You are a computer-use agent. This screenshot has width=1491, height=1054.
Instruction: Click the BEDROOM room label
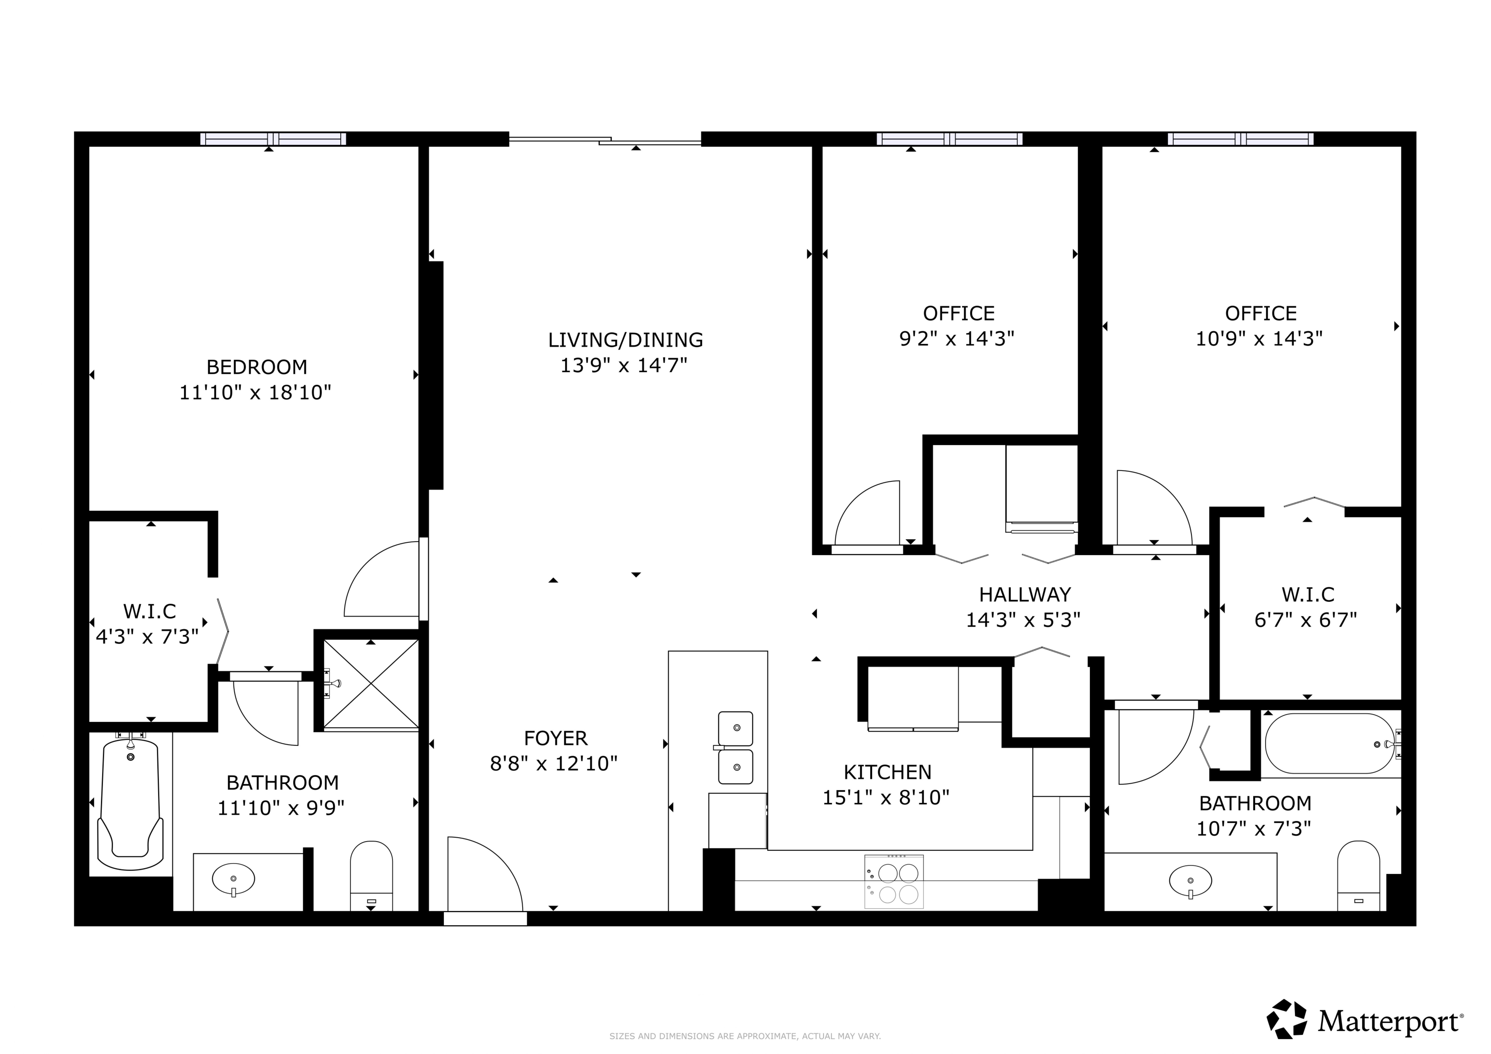click(256, 367)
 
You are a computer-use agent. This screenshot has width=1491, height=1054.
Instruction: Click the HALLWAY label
click(1025, 595)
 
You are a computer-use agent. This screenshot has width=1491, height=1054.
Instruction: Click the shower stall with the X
click(371, 684)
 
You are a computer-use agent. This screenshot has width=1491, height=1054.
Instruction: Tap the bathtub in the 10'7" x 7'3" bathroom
click(1329, 744)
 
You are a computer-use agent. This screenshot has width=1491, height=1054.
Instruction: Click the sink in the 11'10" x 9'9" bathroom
click(233, 879)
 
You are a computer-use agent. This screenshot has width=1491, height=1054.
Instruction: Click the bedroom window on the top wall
click(273, 139)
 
